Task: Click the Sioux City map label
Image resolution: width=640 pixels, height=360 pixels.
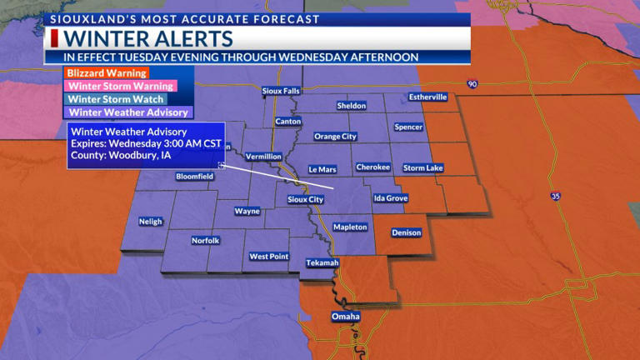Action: [305, 200]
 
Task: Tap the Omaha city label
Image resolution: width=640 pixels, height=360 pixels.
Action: [345, 317]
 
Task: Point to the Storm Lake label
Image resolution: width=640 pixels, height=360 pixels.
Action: [423, 168]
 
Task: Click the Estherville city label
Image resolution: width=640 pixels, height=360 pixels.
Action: [428, 97]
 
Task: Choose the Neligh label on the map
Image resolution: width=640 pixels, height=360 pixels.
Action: [151, 222]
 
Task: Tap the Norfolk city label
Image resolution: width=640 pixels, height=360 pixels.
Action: [205, 241]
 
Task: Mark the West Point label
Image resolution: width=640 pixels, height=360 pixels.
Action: [268, 257]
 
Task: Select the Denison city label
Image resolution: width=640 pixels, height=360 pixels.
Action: [407, 233]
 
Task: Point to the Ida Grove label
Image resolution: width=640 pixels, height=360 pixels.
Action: [391, 198]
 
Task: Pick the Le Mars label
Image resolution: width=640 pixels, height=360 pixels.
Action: [322, 169]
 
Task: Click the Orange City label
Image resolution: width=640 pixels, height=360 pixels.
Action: [335, 137]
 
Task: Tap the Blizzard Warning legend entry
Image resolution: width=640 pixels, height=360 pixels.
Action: [96, 73]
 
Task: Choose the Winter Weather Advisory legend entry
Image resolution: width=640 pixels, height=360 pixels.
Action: [128, 112]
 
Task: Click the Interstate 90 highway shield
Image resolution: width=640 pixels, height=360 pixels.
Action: [472, 84]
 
